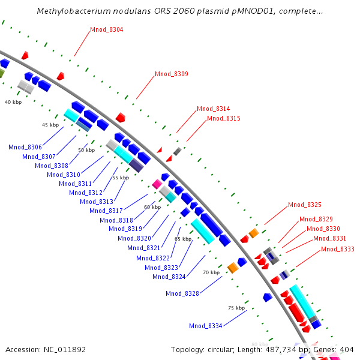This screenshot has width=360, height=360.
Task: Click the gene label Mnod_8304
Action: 107,29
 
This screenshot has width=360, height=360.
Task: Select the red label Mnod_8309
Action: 172,74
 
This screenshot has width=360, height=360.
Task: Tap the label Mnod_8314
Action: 214,109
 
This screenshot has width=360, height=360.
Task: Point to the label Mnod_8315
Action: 224,119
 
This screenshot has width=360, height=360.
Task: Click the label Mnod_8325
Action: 305,205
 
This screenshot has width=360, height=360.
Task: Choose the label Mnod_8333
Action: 338,249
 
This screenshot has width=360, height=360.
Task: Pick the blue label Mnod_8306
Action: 25,147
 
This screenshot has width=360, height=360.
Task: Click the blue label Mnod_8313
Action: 97,202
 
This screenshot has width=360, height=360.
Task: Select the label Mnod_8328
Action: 182,293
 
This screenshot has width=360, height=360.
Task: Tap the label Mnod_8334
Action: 206,326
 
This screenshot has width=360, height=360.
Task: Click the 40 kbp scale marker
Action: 13,103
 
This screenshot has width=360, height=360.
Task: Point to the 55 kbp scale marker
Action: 121,178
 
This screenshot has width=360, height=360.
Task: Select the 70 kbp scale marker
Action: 211,272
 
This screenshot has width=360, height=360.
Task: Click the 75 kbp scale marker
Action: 236,308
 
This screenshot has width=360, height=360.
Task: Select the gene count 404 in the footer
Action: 347,349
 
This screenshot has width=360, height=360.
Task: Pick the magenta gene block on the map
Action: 157,184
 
